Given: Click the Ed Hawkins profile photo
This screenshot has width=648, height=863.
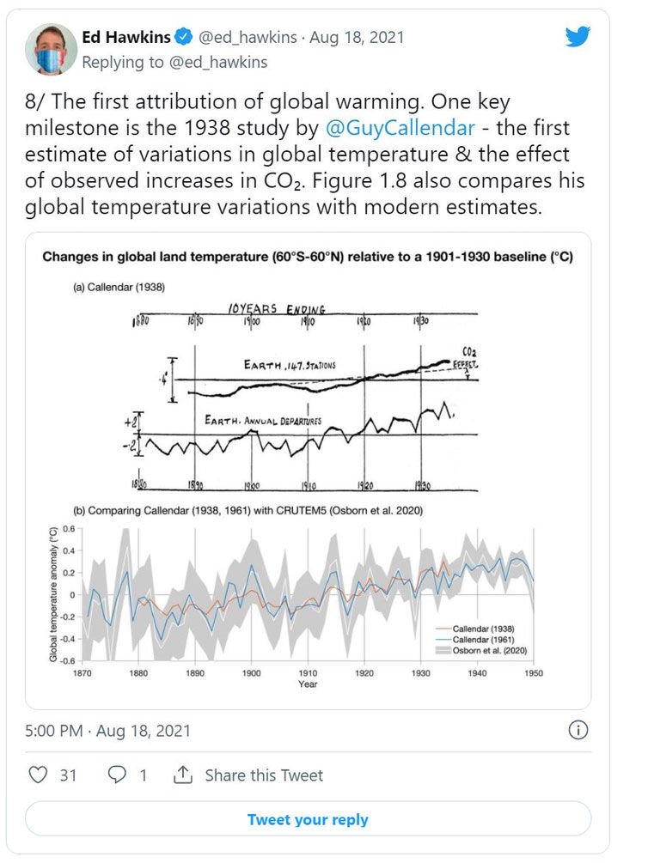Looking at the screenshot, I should (52, 50).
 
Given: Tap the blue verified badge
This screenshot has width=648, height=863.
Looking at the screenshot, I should (183, 38).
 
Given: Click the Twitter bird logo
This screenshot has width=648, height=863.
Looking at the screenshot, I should (578, 37).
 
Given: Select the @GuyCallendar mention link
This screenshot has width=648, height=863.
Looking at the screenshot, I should (400, 129).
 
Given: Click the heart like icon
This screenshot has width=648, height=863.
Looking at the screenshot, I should (38, 775).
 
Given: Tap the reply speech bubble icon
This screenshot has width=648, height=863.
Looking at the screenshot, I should (115, 775).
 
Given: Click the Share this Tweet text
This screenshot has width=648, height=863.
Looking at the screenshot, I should (264, 775).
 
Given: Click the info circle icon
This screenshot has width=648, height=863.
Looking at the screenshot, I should (578, 731).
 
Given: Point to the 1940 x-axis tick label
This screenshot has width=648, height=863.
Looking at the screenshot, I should (476, 673).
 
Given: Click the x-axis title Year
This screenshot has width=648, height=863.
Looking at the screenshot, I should (308, 684).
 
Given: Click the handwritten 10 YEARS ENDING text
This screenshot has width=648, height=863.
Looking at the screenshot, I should (277, 308).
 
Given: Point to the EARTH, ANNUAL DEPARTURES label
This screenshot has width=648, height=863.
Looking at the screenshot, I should (262, 421).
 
